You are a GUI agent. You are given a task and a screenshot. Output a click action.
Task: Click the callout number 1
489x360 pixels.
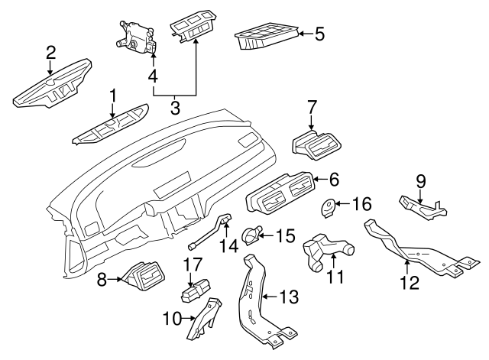[x=112, y=96]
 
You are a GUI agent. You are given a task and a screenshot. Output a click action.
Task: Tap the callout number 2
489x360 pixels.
[x=50, y=52]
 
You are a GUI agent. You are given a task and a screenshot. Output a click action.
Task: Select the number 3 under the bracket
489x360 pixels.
[x=175, y=107]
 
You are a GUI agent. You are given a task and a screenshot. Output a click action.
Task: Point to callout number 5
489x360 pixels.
[x=320, y=33]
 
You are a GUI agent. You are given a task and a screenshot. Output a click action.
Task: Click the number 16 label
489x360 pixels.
[x=361, y=204]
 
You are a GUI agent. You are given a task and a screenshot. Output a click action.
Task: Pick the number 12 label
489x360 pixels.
[x=410, y=283]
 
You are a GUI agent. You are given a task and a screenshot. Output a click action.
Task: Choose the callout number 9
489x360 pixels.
[x=419, y=181]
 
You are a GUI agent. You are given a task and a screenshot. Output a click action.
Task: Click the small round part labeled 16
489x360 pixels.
[x=329, y=205]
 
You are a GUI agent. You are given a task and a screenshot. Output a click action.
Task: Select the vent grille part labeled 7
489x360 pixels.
[x=317, y=143]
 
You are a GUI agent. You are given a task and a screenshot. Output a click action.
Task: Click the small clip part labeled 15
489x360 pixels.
[x=251, y=235]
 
